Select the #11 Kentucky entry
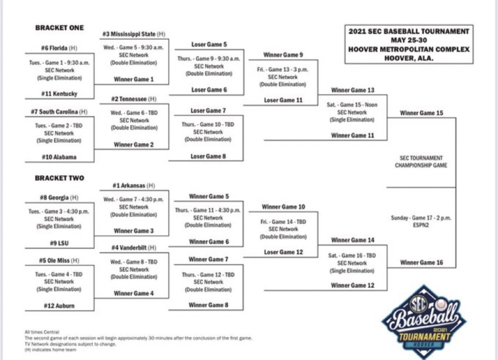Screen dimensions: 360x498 (59, 94)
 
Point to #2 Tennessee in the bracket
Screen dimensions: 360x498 (134, 99)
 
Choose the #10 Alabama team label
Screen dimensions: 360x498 (59, 158)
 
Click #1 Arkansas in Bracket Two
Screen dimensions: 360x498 (134, 185)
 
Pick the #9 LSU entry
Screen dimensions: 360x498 (59, 243)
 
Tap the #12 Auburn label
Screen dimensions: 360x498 (59, 306)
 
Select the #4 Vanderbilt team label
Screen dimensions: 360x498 (134, 248)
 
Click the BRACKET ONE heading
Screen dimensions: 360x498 (59, 28)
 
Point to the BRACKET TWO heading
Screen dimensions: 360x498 (59, 178)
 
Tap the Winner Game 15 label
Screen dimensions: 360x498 (421, 113)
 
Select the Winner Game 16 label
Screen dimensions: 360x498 (421, 263)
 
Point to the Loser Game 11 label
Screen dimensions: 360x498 (283, 100)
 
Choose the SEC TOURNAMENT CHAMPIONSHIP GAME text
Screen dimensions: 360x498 (421, 161)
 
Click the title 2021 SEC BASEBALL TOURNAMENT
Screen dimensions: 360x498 (409, 31)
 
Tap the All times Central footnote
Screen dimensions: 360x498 (42, 332)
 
